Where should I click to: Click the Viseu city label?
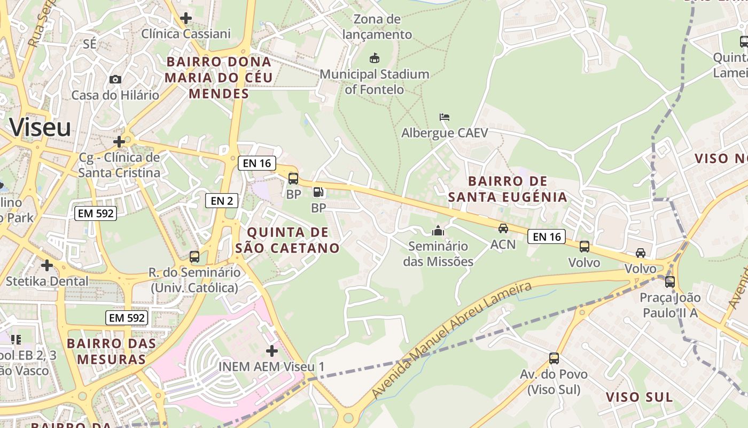pyautogui.click(x=41, y=128)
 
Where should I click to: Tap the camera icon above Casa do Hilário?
pyautogui.click(x=115, y=80)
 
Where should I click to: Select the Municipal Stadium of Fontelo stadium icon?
pyautogui.click(x=374, y=58)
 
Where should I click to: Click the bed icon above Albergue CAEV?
pyautogui.click(x=445, y=117)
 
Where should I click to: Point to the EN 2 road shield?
pyautogui.click(x=222, y=201)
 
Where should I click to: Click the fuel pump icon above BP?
pyautogui.click(x=318, y=192)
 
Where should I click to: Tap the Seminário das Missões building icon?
pyautogui.click(x=438, y=231)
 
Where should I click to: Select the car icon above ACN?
pyautogui.click(x=503, y=228)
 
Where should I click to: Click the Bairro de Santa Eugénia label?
pyautogui.click(x=507, y=189)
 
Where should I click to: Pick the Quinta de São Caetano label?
pyautogui.click(x=287, y=240)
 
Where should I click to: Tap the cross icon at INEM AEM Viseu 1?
pyautogui.click(x=272, y=351)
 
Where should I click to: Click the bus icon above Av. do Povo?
pyautogui.click(x=554, y=358)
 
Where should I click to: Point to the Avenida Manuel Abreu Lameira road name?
pyautogui.click(x=452, y=340)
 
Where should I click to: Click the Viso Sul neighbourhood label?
pyautogui.click(x=639, y=397)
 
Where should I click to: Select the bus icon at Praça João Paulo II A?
pyautogui.click(x=669, y=282)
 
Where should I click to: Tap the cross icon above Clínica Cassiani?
pyautogui.click(x=186, y=18)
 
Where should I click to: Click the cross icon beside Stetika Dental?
pyautogui.click(x=47, y=265)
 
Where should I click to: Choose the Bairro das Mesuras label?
pyautogui.click(x=112, y=351)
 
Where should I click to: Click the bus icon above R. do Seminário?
pyautogui.click(x=194, y=257)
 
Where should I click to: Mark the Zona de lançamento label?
pyautogui.click(x=377, y=27)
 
